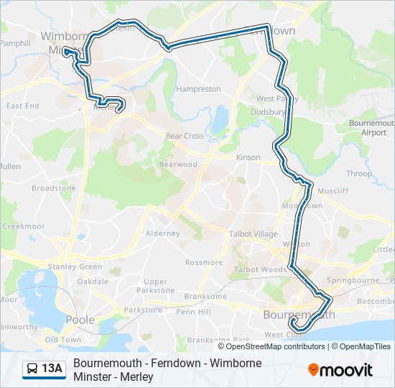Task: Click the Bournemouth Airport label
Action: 368,128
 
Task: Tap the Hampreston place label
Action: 198,90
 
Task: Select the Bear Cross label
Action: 185,136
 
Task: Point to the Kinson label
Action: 248,157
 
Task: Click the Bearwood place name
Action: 178,165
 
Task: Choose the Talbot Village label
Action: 252,234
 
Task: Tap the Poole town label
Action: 80,320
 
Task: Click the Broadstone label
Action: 53,188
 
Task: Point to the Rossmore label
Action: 204,262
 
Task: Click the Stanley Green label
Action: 75,267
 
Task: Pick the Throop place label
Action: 359,174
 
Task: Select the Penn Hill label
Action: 194,312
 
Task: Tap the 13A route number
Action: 52,369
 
